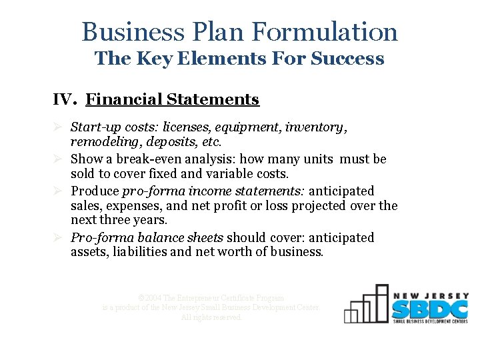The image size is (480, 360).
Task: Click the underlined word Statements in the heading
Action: [x=213, y=100]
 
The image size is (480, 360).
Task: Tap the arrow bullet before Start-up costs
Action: [x=58, y=127]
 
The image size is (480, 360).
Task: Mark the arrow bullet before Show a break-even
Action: [x=58, y=159]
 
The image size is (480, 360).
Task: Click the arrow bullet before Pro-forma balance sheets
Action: [x=58, y=237]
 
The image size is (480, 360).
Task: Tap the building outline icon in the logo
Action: [x=366, y=305]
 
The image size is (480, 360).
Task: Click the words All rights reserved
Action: [x=211, y=317]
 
